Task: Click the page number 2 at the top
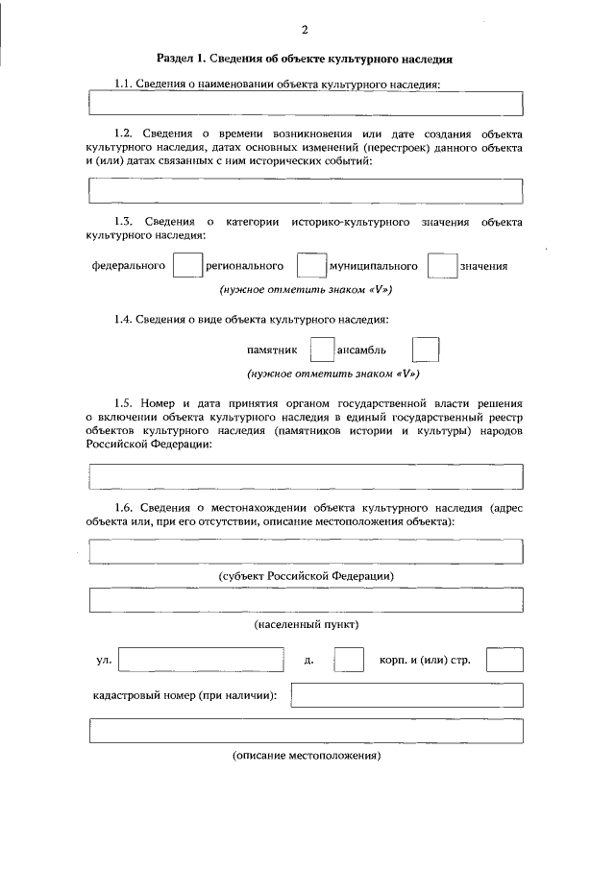(305, 30)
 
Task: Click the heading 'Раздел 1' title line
(305, 60)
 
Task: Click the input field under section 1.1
(305, 103)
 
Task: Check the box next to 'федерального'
(186, 266)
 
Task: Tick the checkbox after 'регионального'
(310, 266)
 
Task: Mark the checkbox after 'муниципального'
(441, 266)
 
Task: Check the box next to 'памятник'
(323, 350)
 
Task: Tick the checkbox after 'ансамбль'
(425, 350)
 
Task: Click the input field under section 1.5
(305, 476)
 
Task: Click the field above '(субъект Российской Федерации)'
(305, 551)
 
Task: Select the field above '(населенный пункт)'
(305, 600)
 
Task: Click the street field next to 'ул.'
(201, 661)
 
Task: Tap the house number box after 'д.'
(349, 661)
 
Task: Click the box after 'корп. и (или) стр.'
(504, 661)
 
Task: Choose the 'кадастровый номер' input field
(406, 695)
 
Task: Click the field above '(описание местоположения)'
(305, 731)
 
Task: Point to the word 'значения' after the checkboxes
(483, 266)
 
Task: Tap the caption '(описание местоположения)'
(307, 756)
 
